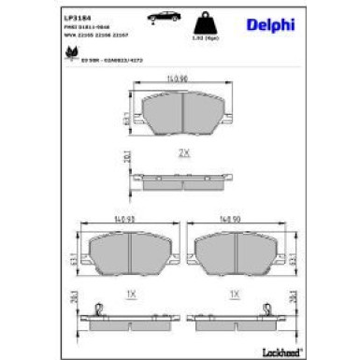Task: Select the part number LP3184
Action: (x=77, y=18)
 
